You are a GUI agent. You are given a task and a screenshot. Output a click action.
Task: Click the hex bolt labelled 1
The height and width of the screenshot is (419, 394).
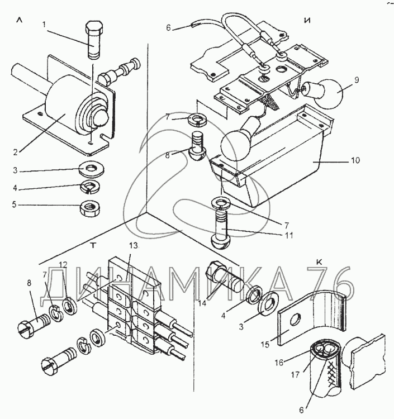click(x=93, y=40)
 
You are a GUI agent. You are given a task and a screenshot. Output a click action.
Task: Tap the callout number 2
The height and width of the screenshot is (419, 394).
click(x=16, y=152)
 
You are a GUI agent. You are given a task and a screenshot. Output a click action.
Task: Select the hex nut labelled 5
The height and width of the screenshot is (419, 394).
click(x=89, y=206)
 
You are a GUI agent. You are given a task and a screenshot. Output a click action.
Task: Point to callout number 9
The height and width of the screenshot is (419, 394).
click(x=357, y=80)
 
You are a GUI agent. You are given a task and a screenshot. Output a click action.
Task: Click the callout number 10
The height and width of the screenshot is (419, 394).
click(x=355, y=160)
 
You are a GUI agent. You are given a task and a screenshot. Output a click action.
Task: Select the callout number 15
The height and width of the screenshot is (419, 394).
click(x=265, y=345)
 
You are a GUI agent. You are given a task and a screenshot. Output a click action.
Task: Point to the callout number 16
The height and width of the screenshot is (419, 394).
click(x=278, y=363)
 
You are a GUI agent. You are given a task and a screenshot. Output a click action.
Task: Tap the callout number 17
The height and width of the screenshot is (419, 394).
click(x=296, y=375)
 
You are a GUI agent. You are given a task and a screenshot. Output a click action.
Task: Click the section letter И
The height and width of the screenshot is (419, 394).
click(x=308, y=21)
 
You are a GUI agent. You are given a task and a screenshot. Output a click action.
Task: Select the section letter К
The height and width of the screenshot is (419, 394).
click(x=319, y=263)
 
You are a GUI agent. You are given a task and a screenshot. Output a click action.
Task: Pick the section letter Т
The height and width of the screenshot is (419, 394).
click(x=93, y=245)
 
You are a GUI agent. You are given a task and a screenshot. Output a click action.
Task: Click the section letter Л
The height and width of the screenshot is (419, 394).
click(x=19, y=20)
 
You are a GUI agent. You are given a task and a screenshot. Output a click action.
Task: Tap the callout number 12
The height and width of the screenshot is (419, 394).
click(x=63, y=265)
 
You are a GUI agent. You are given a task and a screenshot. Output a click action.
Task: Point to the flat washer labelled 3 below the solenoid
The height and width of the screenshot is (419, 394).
click(x=92, y=169)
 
